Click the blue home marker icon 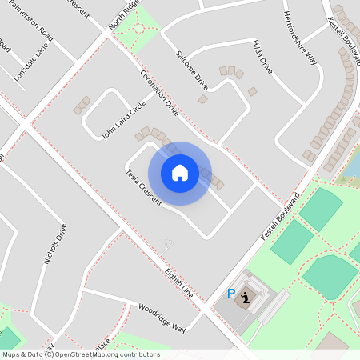point(180,173)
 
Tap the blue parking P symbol point(232,294)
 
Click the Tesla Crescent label point(143,188)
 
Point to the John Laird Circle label point(123,120)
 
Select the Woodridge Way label point(161,318)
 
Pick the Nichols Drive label point(56,243)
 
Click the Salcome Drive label point(191,70)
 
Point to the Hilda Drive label point(262,57)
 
